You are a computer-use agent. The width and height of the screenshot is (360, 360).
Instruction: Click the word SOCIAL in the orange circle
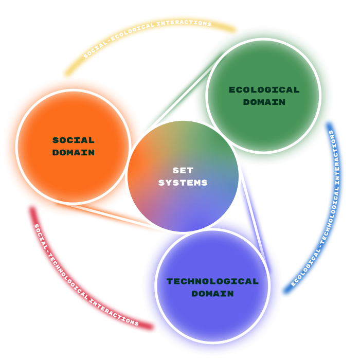click(74, 140)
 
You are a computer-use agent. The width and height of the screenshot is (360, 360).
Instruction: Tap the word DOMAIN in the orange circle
click(74, 152)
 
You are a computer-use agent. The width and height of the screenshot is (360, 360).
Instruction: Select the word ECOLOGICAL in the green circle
click(264, 90)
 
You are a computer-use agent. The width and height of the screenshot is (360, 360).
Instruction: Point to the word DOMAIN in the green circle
click(264, 102)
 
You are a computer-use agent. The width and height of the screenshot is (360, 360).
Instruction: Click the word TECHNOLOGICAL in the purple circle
click(212, 281)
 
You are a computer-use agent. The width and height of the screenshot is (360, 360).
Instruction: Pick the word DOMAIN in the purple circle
click(212, 294)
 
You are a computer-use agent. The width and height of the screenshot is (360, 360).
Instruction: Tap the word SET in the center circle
click(183, 170)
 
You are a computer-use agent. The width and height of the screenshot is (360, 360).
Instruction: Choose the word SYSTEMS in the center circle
click(183, 183)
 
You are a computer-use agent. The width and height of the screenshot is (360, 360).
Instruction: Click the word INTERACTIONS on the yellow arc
click(184, 23)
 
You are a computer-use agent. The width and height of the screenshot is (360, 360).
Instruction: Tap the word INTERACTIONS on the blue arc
click(336, 158)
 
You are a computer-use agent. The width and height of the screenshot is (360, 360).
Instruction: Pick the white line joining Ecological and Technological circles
click(254, 221)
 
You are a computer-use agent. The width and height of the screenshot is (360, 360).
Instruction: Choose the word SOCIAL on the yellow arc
click(95, 49)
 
